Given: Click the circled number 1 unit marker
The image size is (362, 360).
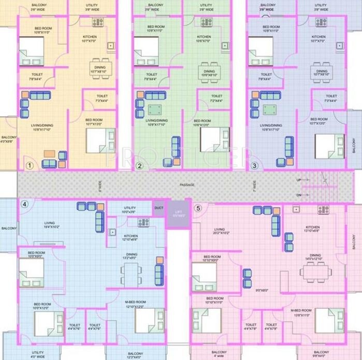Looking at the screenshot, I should point(30,166).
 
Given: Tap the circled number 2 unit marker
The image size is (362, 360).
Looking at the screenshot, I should point(139,166).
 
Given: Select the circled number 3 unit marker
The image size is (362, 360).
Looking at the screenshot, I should point(254,166).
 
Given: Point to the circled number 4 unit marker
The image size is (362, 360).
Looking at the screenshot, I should point(24,204).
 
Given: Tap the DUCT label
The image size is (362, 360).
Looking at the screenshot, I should point(158,208).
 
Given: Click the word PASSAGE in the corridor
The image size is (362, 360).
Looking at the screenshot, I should point(187,185).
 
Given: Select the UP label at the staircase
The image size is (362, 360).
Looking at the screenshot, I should point(298,180).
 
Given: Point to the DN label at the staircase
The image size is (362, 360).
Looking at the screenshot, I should point(298,195).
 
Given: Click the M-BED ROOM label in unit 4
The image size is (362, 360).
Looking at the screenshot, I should point(136,301).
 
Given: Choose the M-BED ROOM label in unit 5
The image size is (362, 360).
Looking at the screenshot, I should point(300,310).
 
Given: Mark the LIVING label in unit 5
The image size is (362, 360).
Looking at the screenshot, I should point(220,229).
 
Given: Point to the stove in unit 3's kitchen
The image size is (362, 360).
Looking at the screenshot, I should point(322,22).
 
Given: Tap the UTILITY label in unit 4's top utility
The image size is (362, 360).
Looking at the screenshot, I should point(129,208).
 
